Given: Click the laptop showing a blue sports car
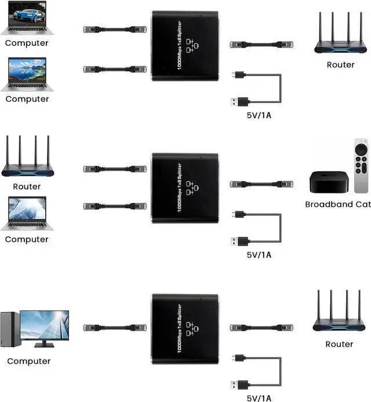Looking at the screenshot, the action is [x=27, y=17].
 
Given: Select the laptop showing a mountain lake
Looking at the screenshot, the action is [x=27, y=74].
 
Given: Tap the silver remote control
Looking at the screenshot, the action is [x=361, y=166].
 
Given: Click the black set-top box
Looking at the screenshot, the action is [x=329, y=182].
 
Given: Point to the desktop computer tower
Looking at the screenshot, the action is [x=10, y=329].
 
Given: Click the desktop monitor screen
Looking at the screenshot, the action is [x=45, y=325].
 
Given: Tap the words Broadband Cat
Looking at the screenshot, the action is [x=338, y=204].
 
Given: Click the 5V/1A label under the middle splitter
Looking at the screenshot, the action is [x=259, y=255].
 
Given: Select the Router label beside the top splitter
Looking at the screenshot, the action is [x=340, y=64].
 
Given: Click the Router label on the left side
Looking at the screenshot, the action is [x=27, y=186].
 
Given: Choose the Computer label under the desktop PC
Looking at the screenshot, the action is [x=28, y=361].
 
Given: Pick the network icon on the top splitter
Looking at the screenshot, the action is [x=192, y=46].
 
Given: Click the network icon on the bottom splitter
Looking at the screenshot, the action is [x=192, y=329].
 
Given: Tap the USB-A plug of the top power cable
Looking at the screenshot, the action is [x=240, y=102].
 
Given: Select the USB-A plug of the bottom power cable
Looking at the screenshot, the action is [x=240, y=385].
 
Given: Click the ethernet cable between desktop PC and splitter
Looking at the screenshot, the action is [x=115, y=328].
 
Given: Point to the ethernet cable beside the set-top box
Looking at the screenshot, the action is [x=261, y=184].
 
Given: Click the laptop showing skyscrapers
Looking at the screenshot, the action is [x=27, y=213].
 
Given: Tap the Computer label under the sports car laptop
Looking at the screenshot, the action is [x=27, y=43].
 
